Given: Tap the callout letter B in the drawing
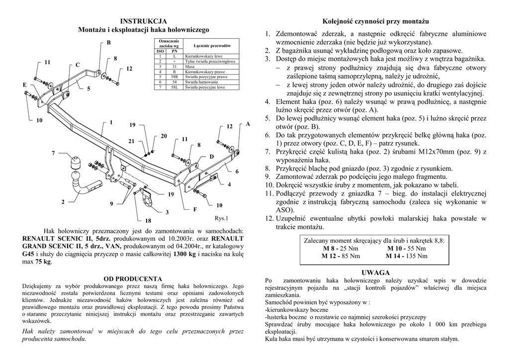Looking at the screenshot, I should click(108, 43).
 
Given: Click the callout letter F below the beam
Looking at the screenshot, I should click(195, 209).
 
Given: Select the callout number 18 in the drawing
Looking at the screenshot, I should click(148, 220).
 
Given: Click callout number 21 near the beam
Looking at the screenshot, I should click(132, 141).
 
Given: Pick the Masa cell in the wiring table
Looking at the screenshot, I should click(190, 66).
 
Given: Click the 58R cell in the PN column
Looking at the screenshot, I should click(174, 77).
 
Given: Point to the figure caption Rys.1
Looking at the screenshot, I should click(222, 217).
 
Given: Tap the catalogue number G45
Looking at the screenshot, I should click(29, 254).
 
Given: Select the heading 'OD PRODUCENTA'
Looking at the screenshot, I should click(133, 278).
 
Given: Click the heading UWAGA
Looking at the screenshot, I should click(375, 272).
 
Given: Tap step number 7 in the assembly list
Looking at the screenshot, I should click(267, 151).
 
